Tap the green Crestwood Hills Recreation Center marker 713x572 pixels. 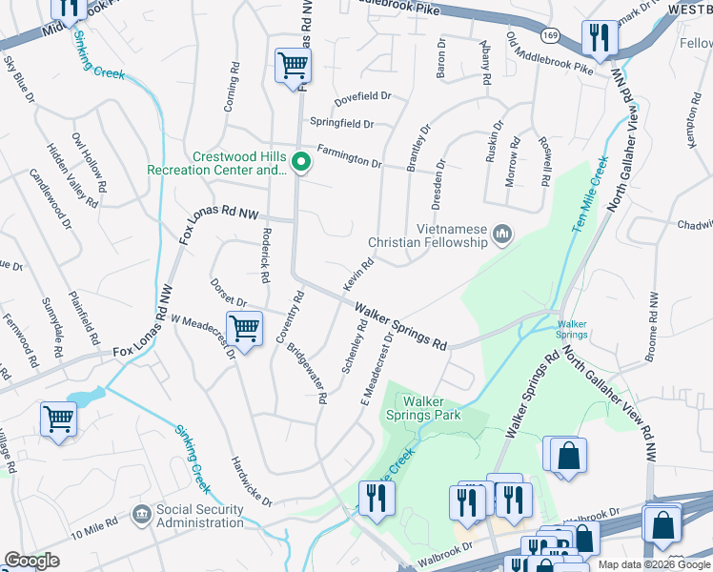(x=301, y=163)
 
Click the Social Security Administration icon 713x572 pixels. (x=142, y=515)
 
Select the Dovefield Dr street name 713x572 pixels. (x=362, y=96)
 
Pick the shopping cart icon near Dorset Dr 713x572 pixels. (x=245, y=329)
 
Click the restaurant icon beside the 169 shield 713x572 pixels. (x=600, y=38)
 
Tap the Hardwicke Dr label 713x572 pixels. (x=252, y=481)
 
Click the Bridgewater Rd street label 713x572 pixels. (x=307, y=370)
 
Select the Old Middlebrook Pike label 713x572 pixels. (x=550, y=54)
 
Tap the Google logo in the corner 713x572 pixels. (x=31, y=561)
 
